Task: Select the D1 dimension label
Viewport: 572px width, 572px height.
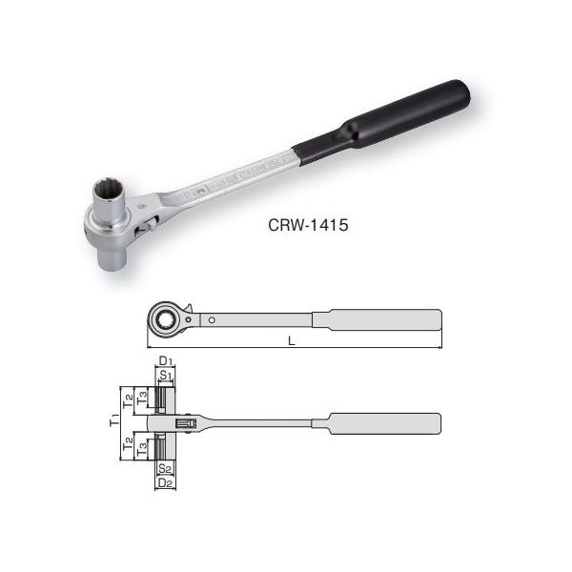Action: tap(164, 360)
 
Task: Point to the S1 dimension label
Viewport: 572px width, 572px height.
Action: tap(165, 376)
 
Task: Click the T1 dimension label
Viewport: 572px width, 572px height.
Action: tap(113, 420)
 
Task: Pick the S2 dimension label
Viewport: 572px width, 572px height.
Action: tap(164, 468)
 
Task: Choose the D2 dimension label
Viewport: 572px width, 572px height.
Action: tap(164, 483)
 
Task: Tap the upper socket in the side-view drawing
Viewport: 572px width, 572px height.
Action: tap(164, 396)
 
